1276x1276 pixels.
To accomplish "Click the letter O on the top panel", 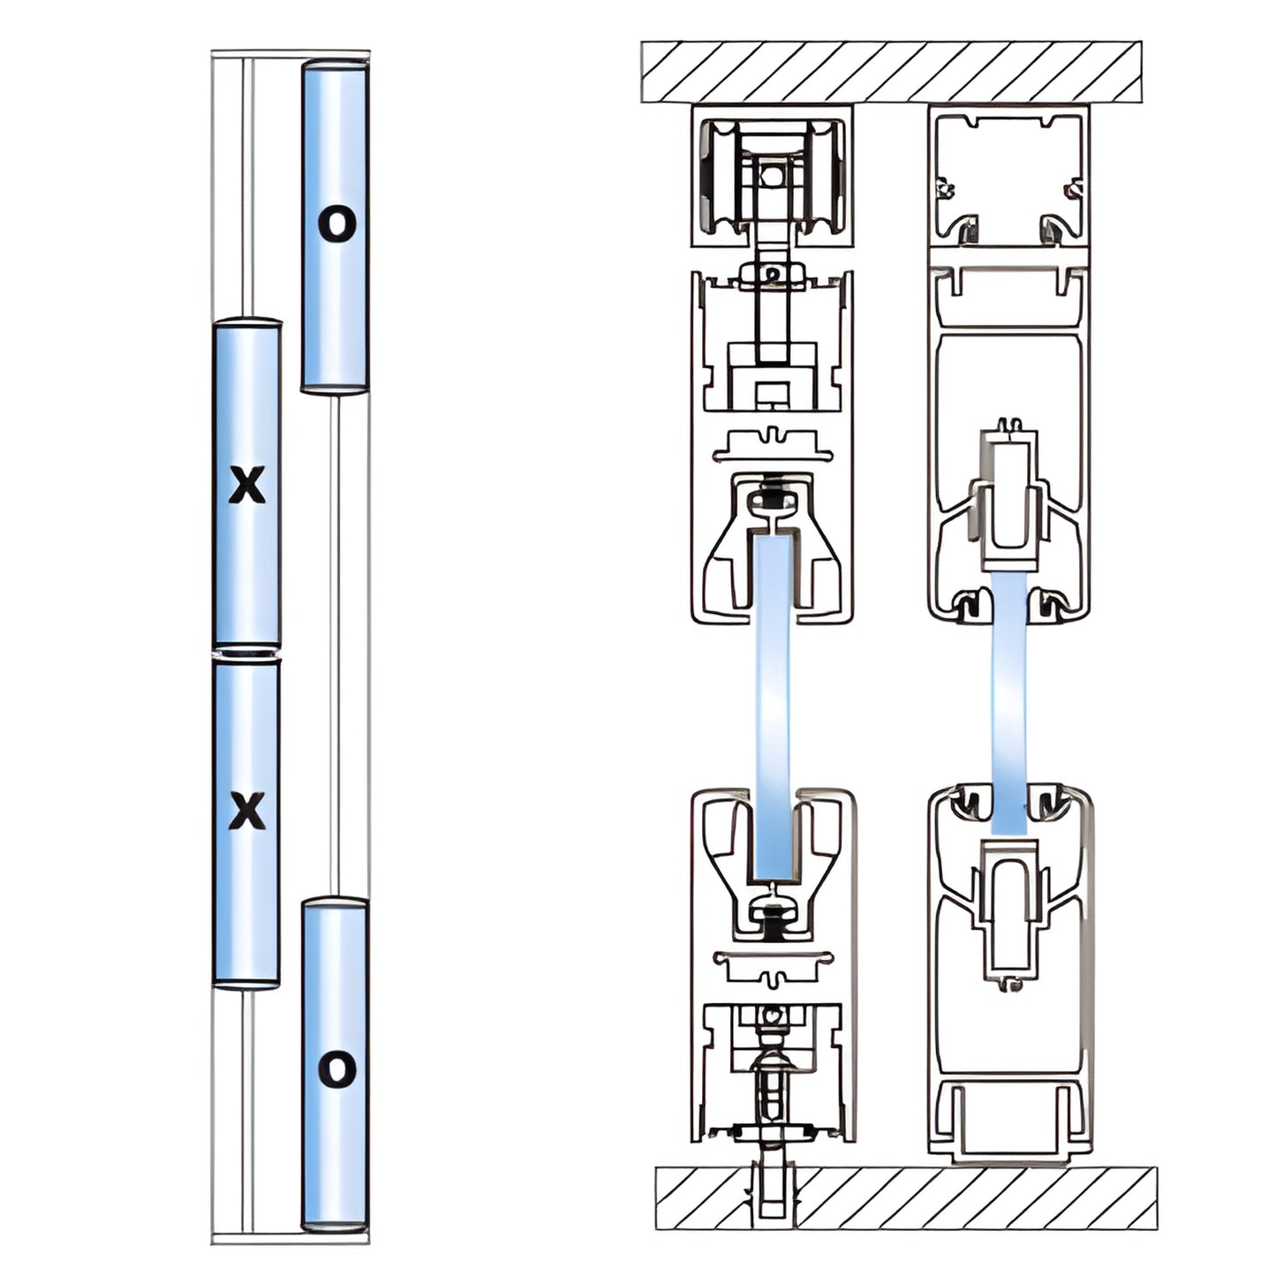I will (x=336, y=224).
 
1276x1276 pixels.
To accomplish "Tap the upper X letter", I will (x=247, y=485).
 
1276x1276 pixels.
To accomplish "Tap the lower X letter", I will (x=247, y=811).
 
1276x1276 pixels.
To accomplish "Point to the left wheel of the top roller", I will (x=716, y=177).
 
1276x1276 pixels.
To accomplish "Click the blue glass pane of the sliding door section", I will (x=773, y=706).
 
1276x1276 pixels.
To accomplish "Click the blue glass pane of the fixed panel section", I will (x=1008, y=706).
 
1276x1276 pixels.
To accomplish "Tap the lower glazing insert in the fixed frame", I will (x=1008, y=910).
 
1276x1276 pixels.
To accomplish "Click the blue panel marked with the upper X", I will (x=247, y=565).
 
